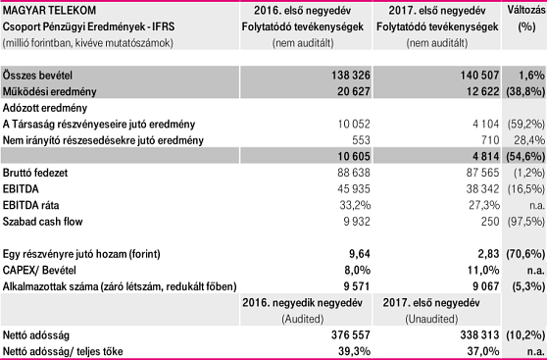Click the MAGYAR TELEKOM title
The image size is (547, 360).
tap(49, 11)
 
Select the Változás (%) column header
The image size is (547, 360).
tap(526, 19)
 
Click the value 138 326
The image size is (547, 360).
tap(351, 76)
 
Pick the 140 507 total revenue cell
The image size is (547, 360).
tap(479, 76)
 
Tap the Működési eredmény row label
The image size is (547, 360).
tap(50, 92)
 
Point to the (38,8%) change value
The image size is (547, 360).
tap(525, 92)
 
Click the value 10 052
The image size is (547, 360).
tap(354, 124)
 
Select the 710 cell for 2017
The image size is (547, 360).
tap(489, 140)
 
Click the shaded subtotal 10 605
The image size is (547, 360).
tap(354, 156)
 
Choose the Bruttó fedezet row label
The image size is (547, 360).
tap(35, 173)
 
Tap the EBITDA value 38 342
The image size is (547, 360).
tap(483, 189)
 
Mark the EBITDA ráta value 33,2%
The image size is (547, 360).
tap(355, 205)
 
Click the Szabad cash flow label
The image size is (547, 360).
tap(42, 222)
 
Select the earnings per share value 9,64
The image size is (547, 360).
tap(360, 254)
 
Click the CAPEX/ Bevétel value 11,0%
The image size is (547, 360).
tap(484, 271)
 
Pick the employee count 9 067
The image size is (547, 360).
tap(486, 286)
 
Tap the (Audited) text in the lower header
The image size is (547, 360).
tap(303, 319)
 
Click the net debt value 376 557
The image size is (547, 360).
tap(351, 335)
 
